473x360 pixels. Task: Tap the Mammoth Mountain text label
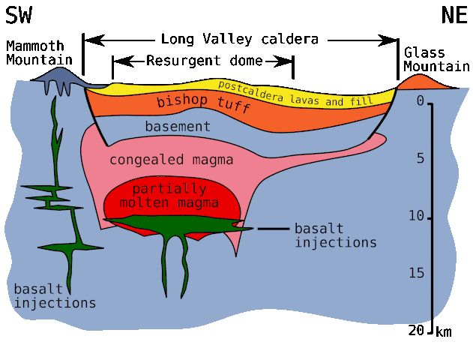click(x=40, y=52)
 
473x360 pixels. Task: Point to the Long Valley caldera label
click(x=240, y=39)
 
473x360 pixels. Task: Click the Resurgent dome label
click(x=205, y=61)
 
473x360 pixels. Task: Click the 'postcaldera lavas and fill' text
click(x=295, y=91)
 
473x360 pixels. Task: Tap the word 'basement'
click(x=178, y=127)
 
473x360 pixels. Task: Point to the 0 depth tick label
click(x=420, y=100)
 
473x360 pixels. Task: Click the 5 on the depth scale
click(x=420, y=158)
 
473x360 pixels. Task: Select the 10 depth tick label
click(x=416, y=216)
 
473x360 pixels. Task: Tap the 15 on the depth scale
click(x=416, y=273)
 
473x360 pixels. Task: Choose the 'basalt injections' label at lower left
click(x=55, y=295)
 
